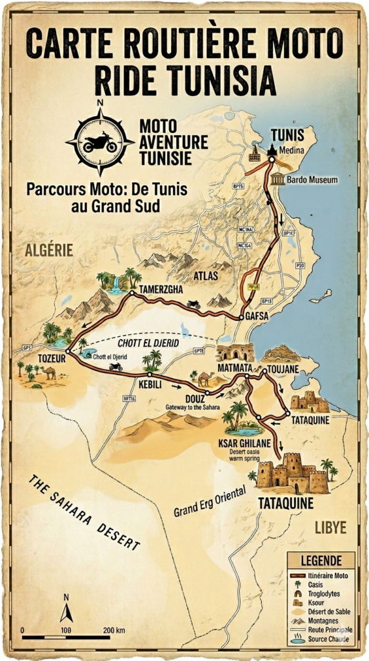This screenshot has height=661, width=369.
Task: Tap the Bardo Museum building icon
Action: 278,179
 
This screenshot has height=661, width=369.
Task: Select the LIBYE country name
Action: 330,527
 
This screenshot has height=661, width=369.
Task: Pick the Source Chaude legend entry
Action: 328,639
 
